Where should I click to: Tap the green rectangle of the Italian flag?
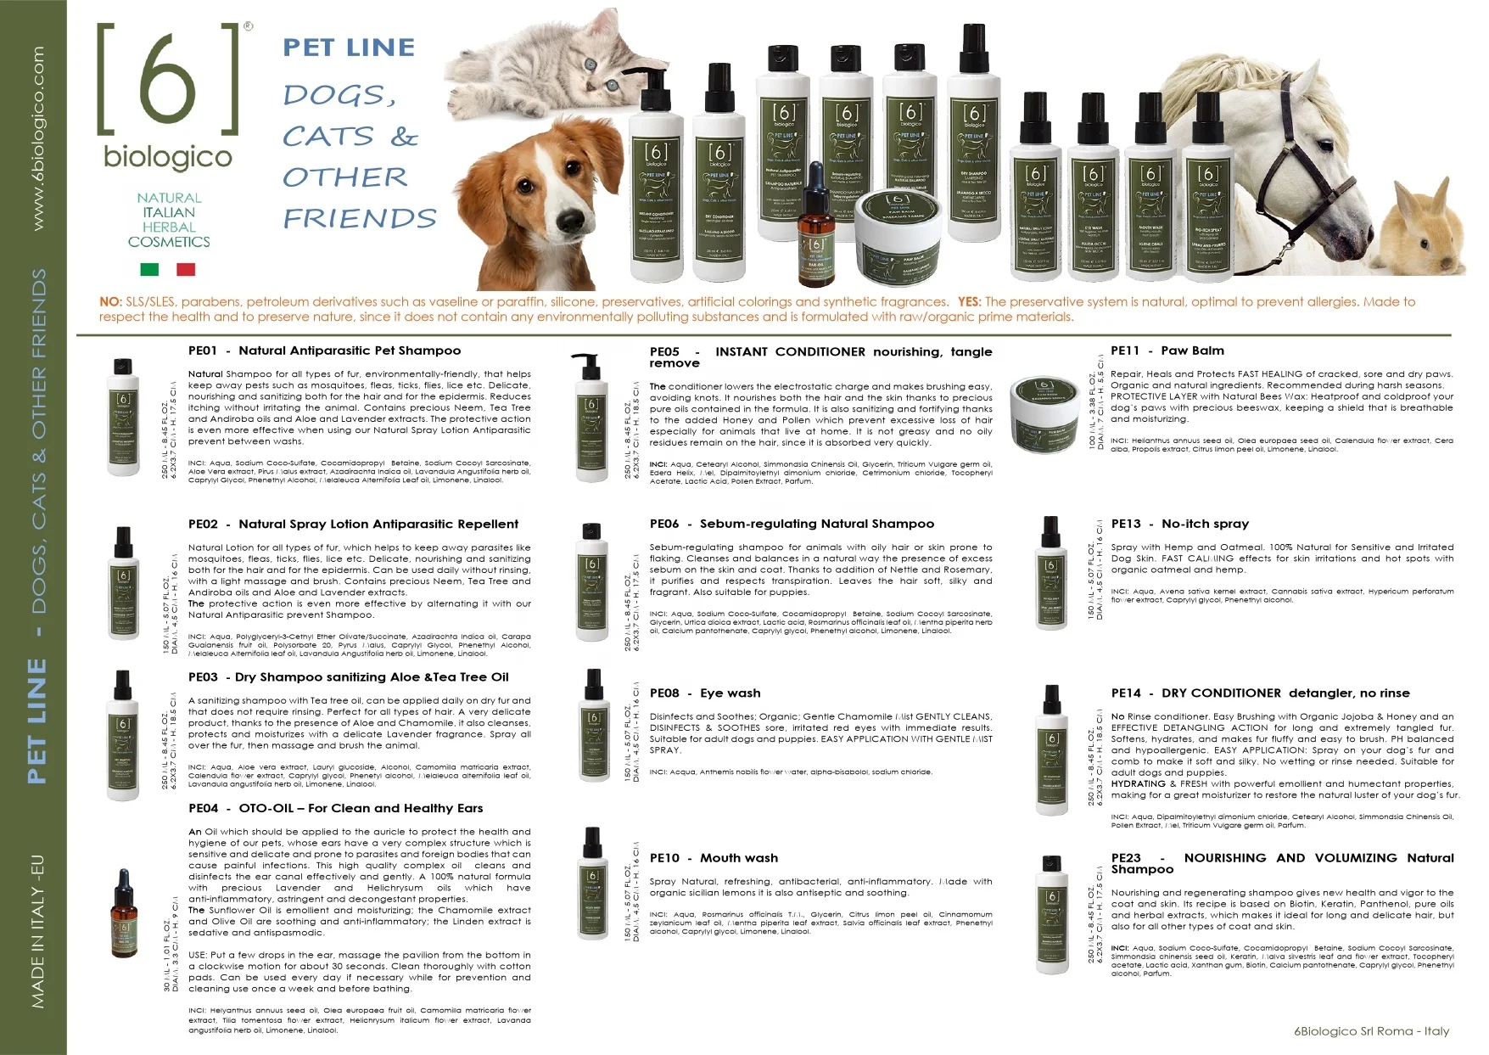coord(149,269)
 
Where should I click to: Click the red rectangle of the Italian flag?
coord(186,269)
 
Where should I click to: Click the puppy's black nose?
coord(567,222)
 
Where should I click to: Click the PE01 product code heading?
coord(204,351)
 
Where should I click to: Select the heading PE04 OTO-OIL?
coord(335,808)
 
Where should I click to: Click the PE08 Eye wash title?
coord(705,693)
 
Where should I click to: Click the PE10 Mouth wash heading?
coord(714,858)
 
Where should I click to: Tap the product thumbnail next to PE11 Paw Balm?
coord(1044,403)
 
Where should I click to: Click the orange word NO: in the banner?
coord(110,302)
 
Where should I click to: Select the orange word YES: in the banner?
coord(969,302)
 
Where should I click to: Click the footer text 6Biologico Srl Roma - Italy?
coord(1371,1031)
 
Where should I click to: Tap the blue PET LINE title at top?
coord(349,48)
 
